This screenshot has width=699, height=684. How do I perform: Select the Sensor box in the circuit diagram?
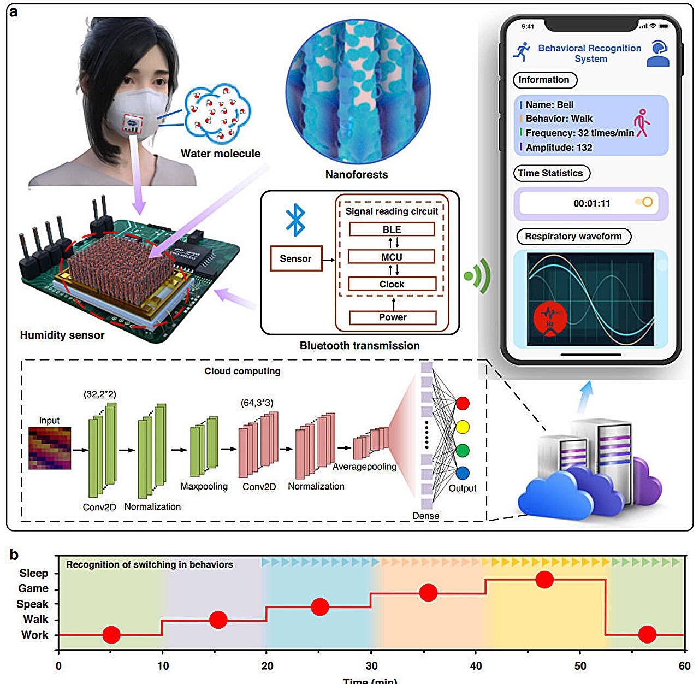(295, 258)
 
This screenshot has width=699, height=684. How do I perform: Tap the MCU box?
(392, 257)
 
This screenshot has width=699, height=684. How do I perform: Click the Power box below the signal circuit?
(393, 317)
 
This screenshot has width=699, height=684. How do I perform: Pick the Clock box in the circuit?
(392, 284)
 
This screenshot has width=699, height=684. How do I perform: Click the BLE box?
(392, 229)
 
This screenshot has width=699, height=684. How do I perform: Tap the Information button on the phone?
(544, 80)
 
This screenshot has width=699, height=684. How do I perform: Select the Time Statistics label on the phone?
(551, 173)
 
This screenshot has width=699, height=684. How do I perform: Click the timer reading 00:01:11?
(591, 203)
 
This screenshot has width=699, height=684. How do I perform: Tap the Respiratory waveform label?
(573, 237)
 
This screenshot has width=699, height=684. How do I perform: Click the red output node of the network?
(463, 404)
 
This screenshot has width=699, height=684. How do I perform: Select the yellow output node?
(463, 427)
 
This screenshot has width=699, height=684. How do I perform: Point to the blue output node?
(463, 473)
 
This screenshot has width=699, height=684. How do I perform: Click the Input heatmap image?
(50, 449)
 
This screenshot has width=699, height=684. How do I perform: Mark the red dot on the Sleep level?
(544, 580)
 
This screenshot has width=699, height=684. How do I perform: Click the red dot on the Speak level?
(319, 606)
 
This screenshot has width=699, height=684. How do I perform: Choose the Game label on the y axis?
(33, 588)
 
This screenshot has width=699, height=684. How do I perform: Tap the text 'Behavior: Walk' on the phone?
(559, 119)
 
